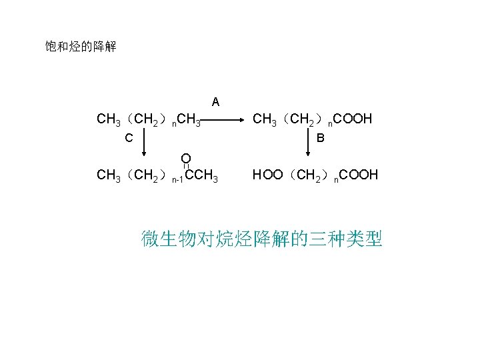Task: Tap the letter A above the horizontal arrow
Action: tap(215, 102)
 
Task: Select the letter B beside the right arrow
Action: tap(321, 139)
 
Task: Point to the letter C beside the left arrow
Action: tap(129, 139)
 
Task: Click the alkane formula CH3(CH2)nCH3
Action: tap(149, 120)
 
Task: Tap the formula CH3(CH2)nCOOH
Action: tap(311, 120)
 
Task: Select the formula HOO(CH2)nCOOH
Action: tap(315, 175)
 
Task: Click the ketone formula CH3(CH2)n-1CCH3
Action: tap(157, 176)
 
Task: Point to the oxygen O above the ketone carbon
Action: tap(186, 158)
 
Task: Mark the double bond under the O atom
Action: tap(186, 167)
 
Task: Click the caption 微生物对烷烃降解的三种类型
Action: tap(261, 238)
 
